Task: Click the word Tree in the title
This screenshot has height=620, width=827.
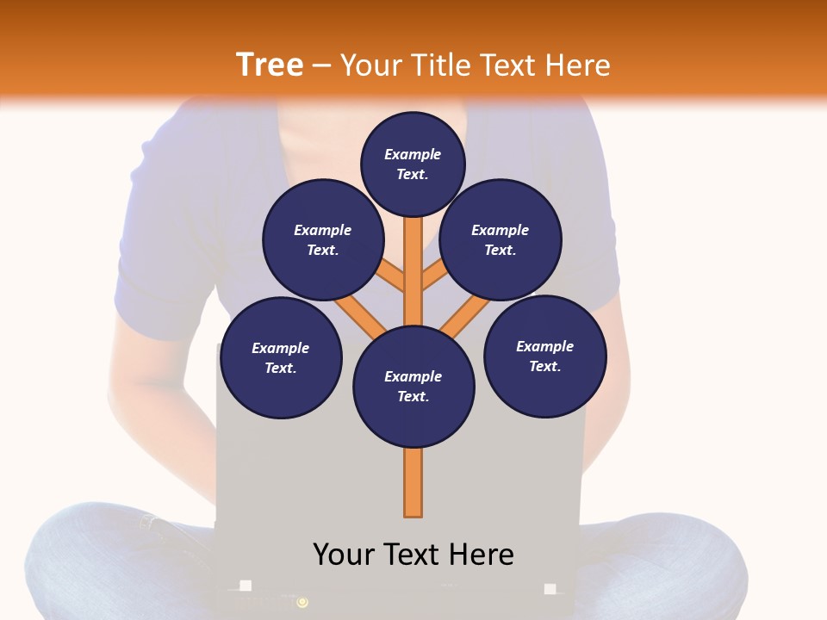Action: pos(270,65)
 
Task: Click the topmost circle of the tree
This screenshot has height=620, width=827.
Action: pos(413,164)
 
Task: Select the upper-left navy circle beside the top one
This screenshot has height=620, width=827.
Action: pos(323,240)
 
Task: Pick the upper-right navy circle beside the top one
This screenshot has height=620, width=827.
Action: pos(501,240)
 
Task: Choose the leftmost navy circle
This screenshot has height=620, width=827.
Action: pos(281,358)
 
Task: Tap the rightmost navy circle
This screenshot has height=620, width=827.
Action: pos(545,356)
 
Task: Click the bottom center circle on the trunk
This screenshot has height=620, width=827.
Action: pos(413,387)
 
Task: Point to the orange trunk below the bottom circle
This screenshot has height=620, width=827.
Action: pos(413,482)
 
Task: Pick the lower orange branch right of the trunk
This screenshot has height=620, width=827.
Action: pos(465,316)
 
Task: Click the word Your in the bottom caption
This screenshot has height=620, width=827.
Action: pos(345,555)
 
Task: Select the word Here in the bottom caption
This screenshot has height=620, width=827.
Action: pos(482,555)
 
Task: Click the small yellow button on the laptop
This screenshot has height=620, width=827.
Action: pos(302,602)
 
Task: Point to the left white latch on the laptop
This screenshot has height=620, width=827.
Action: pos(246,586)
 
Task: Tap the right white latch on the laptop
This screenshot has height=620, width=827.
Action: pos(550,589)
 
